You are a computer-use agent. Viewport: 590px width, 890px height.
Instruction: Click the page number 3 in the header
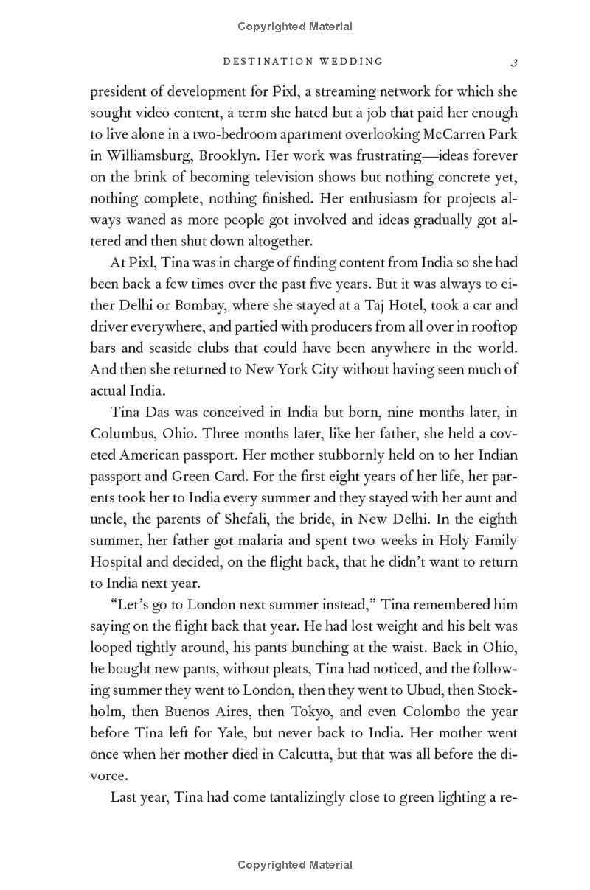514,63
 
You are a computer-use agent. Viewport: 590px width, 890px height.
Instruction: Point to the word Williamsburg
144,156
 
